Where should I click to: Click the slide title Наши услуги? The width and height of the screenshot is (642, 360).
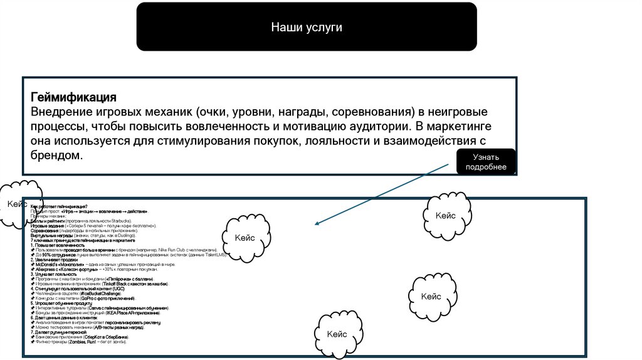click(x=307, y=27)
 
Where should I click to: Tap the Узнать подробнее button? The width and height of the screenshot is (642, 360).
click(x=486, y=161)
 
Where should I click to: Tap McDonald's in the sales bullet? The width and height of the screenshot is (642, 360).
click(x=48, y=265)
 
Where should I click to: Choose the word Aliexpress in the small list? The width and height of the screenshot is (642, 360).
click(x=47, y=269)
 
